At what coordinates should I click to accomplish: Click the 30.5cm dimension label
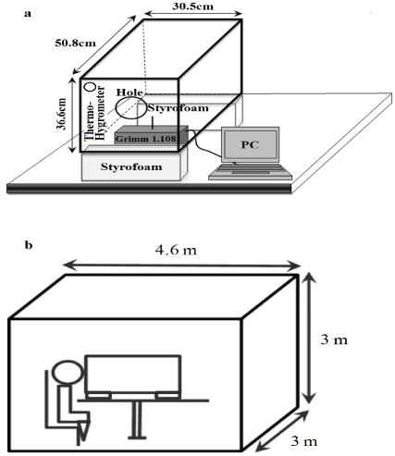[192, 6]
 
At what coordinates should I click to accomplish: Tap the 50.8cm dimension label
[75, 43]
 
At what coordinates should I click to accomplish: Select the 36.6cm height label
[62, 114]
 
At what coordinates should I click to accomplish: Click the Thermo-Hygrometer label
[95, 114]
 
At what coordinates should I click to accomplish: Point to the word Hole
[130, 92]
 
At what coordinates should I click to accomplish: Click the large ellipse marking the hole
[116, 108]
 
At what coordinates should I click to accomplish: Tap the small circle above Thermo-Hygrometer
[91, 87]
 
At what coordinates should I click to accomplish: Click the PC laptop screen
[250, 144]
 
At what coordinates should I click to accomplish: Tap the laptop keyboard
[251, 171]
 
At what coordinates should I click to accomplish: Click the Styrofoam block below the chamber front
[134, 166]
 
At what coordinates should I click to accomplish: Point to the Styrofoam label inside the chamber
[178, 108]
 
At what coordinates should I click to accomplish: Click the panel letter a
[28, 14]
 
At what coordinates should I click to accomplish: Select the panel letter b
[29, 245]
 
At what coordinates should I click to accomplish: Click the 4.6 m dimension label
[176, 250]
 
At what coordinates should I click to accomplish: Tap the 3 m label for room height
[334, 339]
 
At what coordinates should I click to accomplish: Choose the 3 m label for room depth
[304, 441]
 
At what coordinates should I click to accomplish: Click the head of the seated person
[68, 372]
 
